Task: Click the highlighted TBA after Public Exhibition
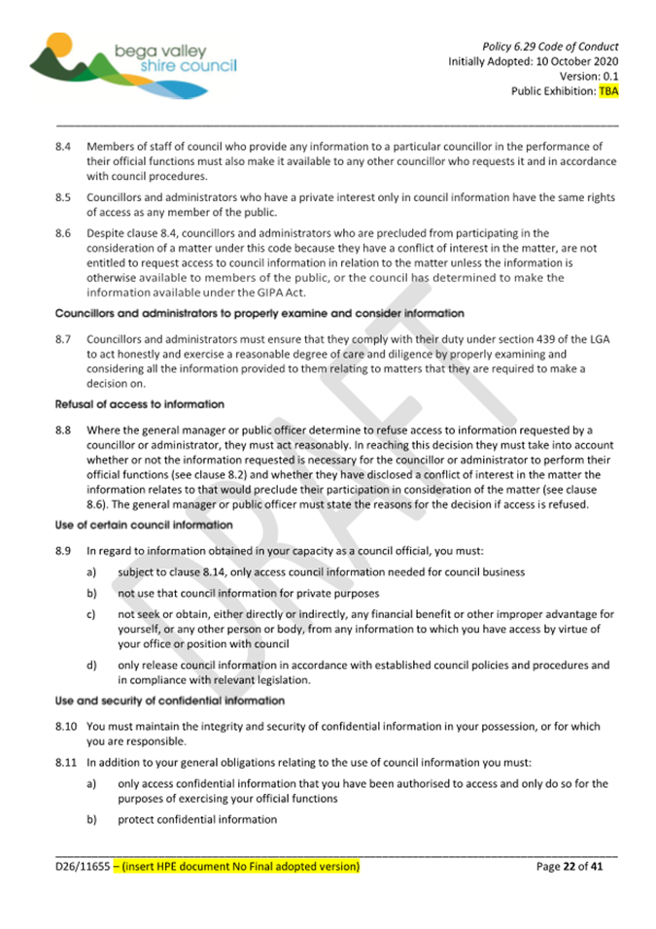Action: [608, 92]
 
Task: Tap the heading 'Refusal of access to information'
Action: [140, 403]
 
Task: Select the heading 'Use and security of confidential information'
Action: [170, 700]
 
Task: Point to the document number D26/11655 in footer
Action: [82, 865]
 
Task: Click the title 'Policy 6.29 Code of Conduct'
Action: [550, 47]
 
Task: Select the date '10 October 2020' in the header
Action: [571, 62]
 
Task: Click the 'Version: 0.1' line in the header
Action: [589, 77]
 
